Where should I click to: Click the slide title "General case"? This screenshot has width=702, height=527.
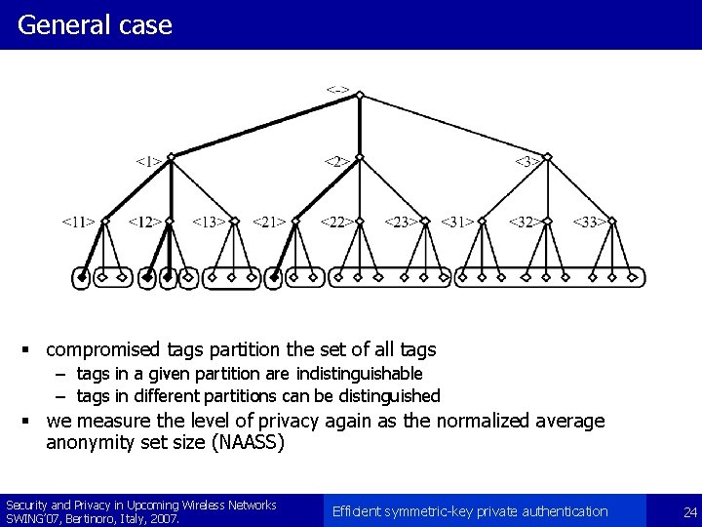[x=95, y=24]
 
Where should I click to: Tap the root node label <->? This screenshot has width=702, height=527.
[x=337, y=91]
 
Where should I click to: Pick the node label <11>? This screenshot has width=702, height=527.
[x=79, y=223]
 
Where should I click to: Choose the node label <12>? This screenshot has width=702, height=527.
[x=144, y=223]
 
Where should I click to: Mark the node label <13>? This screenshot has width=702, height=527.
[x=209, y=223]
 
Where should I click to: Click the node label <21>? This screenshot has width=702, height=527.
[x=270, y=223]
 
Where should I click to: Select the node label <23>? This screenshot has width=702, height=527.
[x=401, y=223]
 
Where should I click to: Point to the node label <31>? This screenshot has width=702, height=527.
[x=458, y=223]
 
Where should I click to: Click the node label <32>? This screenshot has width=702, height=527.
[x=526, y=223]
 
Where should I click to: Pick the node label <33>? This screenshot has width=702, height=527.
[x=589, y=223]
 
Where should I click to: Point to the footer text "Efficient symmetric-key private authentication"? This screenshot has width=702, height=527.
[x=470, y=511]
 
